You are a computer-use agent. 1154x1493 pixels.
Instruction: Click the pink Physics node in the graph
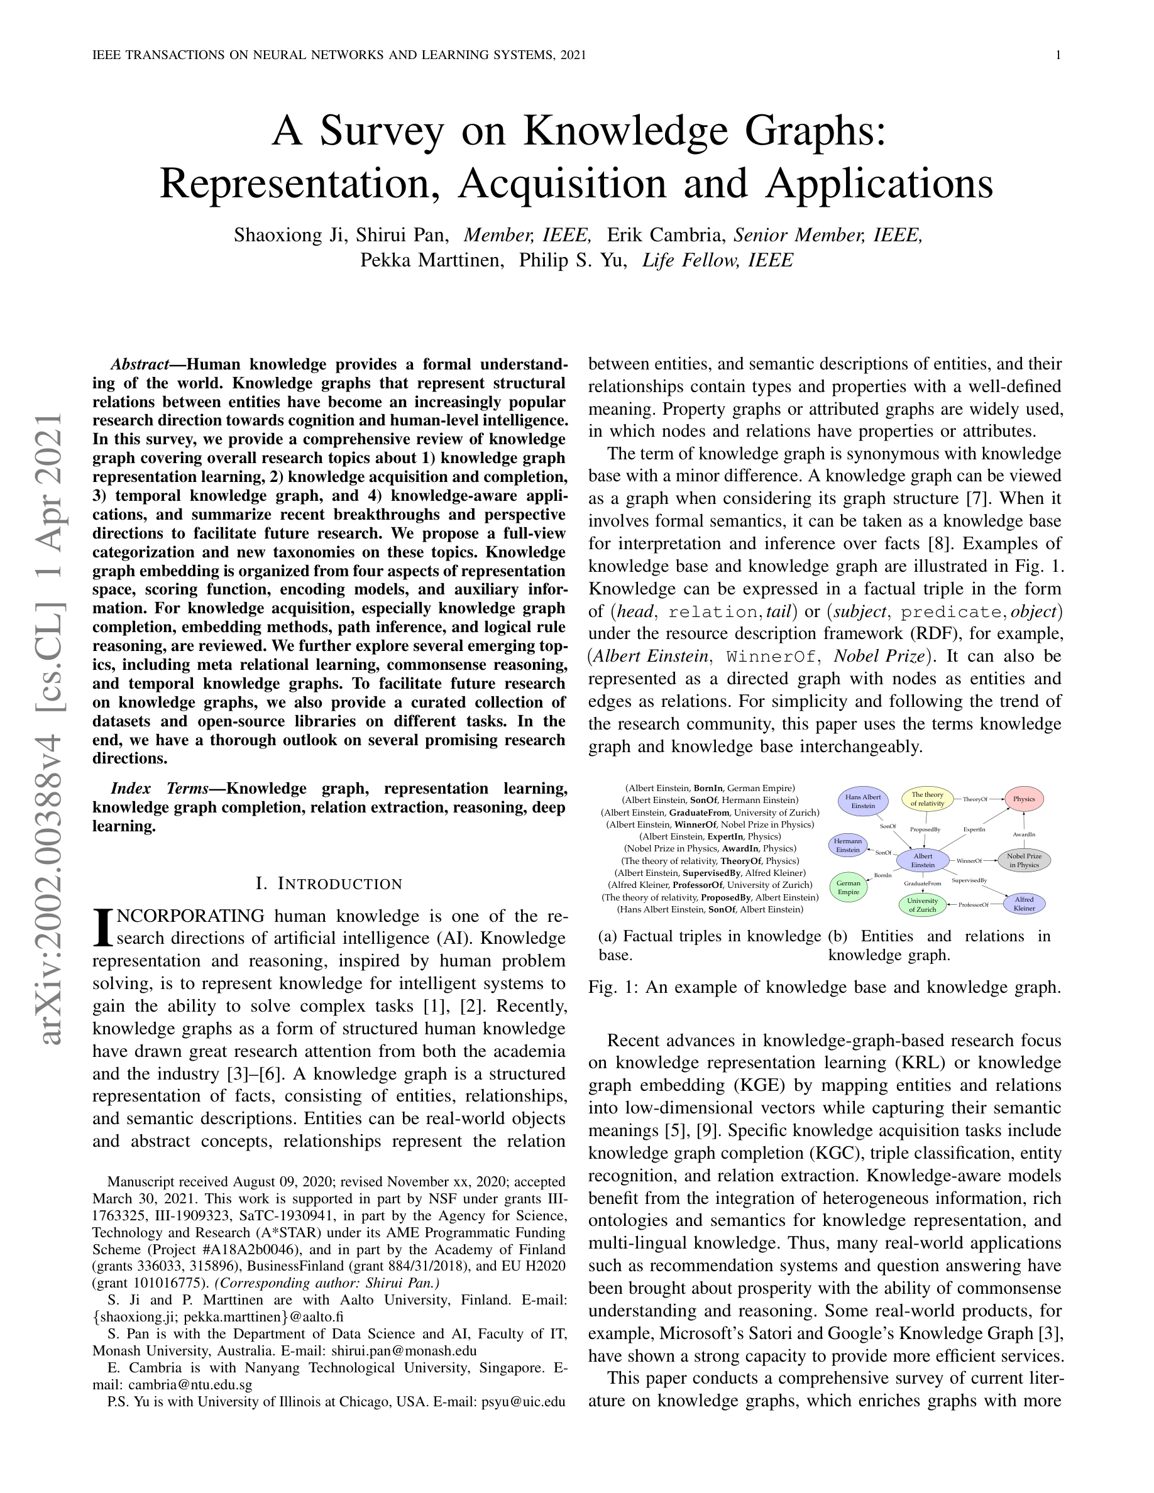tap(1023, 799)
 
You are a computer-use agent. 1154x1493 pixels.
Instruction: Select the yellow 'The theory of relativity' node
tap(927, 799)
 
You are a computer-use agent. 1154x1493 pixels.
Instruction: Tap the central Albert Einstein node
tap(922, 860)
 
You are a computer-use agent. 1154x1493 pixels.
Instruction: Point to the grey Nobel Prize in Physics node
tap(1023, 860)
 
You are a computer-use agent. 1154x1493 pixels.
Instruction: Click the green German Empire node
tap(848, 887)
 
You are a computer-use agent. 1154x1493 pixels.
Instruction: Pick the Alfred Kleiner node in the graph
tap(1023, 904)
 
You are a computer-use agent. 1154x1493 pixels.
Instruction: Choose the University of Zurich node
tap(922, 905)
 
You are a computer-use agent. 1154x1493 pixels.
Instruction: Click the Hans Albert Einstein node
tap(863, 801)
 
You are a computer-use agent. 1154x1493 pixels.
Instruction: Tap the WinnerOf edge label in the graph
tap(969, 861)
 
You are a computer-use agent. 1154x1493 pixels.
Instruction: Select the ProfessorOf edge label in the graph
tap(974, 905)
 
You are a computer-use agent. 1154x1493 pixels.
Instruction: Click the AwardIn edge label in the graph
tap(1023, 834)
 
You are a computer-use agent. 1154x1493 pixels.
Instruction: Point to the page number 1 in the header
tap(1058, 55)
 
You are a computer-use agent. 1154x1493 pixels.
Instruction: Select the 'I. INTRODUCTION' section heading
tap(329, 884)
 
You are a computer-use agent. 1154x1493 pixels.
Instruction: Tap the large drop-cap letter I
tap(101, 927)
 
